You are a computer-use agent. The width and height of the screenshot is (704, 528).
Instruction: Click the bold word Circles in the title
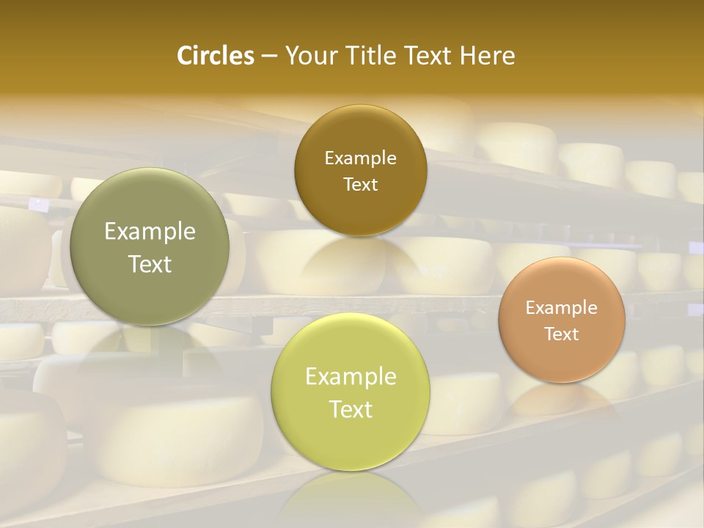point(215,56)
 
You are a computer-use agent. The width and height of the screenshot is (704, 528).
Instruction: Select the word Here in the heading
point(488,56)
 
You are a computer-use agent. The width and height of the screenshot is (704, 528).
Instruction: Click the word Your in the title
point(306,56)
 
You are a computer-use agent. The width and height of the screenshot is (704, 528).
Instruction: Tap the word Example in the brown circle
point(360,158)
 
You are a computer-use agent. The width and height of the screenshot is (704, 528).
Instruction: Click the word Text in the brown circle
point(360,184)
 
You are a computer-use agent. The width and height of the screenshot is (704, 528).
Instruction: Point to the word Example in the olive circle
point(150,232)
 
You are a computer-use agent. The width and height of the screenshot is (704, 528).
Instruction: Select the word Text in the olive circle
point(150,264)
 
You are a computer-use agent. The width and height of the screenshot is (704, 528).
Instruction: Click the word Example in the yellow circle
point(351,377)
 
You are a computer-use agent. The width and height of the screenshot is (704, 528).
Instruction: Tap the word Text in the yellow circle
point(351,409)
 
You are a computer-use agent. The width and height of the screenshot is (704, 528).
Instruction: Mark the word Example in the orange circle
point(562,307)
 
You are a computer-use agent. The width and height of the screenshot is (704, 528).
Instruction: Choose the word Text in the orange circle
point(562,334)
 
